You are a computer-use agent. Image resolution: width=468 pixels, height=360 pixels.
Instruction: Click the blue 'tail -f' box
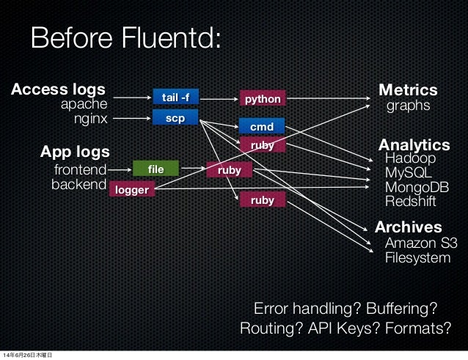tap(175, 98)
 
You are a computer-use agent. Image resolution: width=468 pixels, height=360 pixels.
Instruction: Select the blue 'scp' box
tap(175, 117)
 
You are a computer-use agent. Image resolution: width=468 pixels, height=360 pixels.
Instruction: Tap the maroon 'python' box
tap(262, 98)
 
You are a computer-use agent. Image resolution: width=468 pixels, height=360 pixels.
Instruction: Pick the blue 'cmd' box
tap(262, 127)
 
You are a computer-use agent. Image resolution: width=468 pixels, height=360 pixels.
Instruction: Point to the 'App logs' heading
tap(74, 153)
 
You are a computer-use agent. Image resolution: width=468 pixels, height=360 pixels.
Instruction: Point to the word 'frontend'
tap(80, 171)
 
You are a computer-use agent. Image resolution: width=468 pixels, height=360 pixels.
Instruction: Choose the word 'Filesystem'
tap(418, 258)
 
